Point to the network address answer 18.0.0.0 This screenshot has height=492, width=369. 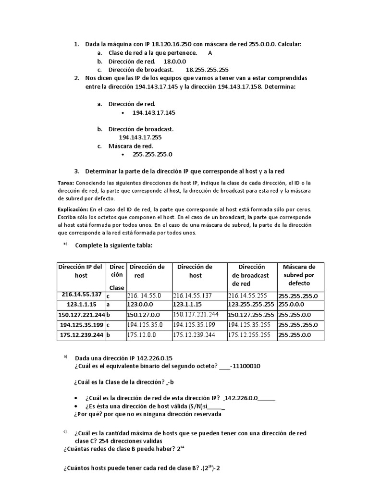pyautogui.click(x=174, y=61)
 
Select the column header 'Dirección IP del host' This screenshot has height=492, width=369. pyautogui.click(x=80, y=271)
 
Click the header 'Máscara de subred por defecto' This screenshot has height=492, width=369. pyautogui.click(x=299, y=275)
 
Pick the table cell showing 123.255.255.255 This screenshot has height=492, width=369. pyautogui.click(x=251, y=305)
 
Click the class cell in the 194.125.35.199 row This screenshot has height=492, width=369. pyautogui.click(x=108, y=325)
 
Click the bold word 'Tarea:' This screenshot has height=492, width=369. pyautogui.click(x=66, y=183)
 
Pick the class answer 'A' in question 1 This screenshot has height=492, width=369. pyautogui.click(x=210, y=53)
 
